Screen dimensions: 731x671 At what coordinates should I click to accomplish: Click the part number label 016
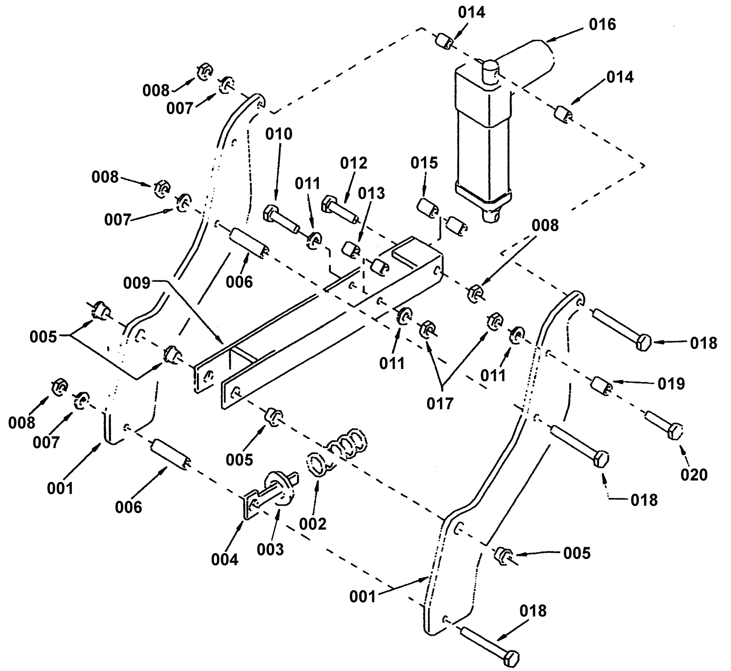pos(603,25)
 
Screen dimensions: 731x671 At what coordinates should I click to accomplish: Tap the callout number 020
pos(694,475)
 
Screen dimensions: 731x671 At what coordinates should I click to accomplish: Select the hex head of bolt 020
pos(676,432)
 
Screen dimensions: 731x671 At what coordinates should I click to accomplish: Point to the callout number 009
pos(137,283)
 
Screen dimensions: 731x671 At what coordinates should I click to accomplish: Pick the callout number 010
pos(279,134)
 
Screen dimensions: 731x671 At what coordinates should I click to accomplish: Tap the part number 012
pos(354,163)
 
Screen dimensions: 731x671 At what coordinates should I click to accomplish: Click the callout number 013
pos(371,193)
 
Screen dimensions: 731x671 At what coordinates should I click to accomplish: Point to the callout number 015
pos(424,163)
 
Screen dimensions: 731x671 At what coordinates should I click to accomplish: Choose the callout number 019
pos(671,384)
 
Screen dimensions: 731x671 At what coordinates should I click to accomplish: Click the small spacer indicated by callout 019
pos(603,386)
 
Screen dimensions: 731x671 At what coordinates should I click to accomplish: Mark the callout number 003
pos(270,549)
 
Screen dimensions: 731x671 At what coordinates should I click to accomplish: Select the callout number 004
pos(225,559)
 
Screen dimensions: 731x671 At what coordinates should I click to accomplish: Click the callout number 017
pos(440,404)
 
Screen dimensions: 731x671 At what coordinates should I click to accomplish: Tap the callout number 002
pos(313,524)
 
